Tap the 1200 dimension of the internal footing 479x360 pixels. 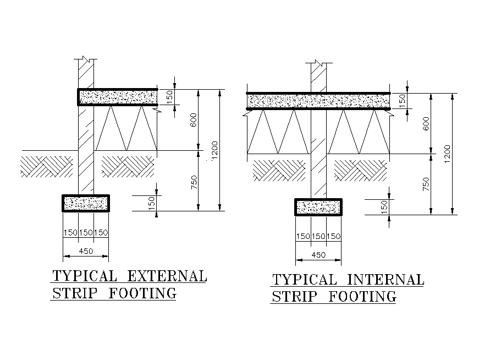447,154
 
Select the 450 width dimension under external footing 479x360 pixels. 86,251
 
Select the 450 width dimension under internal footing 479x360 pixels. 318,255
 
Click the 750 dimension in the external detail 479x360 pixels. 194,182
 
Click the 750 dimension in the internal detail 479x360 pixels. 426,184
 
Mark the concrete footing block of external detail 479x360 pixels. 85,203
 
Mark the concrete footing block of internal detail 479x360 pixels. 318,207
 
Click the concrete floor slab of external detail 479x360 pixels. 117,97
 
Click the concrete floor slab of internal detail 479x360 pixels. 318,101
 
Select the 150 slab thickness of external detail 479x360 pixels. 169,97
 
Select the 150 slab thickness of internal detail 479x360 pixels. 402,101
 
